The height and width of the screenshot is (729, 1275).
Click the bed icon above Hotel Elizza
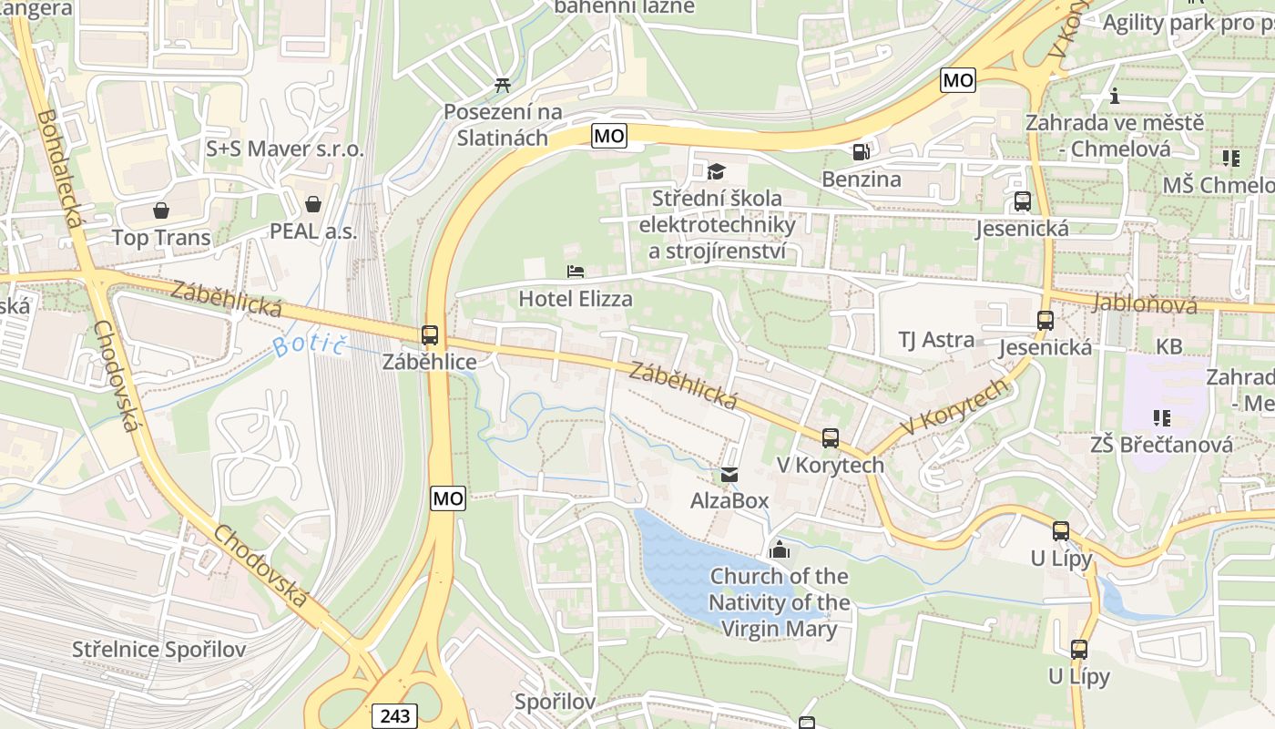pos(575,272)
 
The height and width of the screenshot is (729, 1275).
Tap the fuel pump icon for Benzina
pos(860,151)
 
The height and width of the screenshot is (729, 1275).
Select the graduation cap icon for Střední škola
pos(717,171)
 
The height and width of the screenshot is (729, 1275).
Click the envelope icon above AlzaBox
pos(729,474)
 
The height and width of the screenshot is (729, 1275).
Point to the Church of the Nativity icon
pos(779,549)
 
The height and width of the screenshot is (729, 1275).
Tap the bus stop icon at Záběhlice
pos(430,335)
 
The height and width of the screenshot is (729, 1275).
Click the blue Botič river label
pos(311,345)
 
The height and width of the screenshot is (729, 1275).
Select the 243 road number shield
pos(394,716)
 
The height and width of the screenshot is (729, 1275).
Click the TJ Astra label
pos(936,340)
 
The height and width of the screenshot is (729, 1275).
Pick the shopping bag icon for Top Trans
pos(161,211)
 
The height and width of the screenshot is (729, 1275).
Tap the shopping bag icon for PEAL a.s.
pos(313,204)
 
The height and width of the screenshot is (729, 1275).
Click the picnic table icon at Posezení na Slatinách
pos(502,86)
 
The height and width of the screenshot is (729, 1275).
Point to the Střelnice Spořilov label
pos(159,650)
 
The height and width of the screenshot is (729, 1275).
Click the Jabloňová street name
pos(1146,303)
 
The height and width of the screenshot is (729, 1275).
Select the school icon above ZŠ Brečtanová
pos(1162,418)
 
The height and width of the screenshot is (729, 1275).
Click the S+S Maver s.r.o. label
pos(285,149)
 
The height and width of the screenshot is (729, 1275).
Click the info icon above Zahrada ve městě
pos(1114,96)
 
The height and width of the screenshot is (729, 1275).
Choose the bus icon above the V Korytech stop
pos(830,438)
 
